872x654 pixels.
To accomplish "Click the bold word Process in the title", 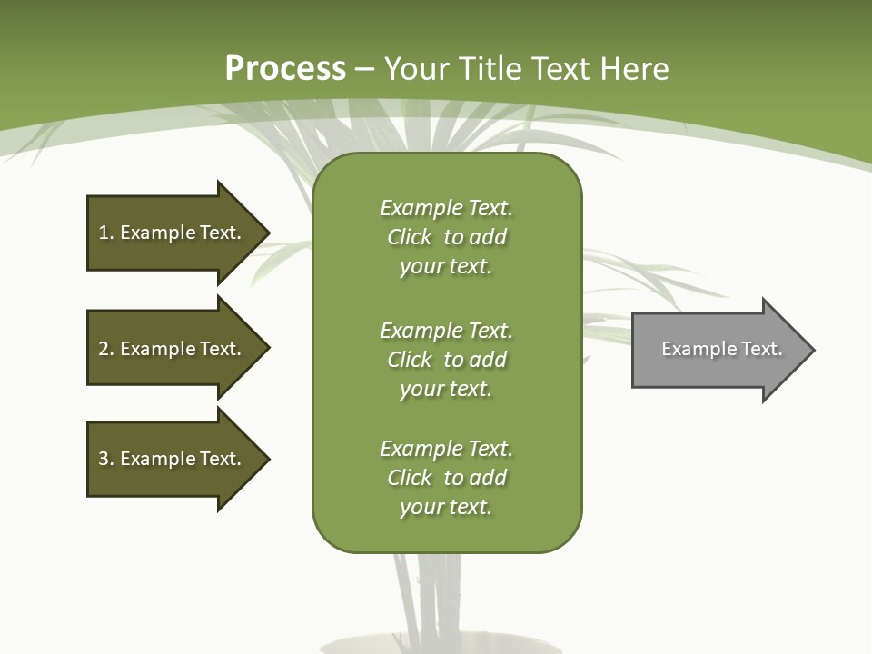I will click(x=285, y=69).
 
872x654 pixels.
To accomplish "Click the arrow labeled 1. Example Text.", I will click(x=173, y=233).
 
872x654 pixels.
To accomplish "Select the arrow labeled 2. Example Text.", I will click(x=173, y=349).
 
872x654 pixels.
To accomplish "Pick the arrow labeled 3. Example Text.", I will click(x=173, y=459).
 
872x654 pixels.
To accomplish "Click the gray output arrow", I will click(x=718, y=350).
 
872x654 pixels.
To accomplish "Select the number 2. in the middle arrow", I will click(x=105, y=349).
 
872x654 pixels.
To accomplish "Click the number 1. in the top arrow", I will click(x=105, y=233).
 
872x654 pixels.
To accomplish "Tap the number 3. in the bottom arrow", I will click(x=105, y=459).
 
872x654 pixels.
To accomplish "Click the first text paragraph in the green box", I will click(x=446, y=237).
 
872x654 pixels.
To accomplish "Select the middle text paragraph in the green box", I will click(x=446, y=360).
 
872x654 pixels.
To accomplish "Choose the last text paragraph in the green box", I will click(x=446, y=478).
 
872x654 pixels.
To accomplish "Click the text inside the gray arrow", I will click(x=721, y=349).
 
